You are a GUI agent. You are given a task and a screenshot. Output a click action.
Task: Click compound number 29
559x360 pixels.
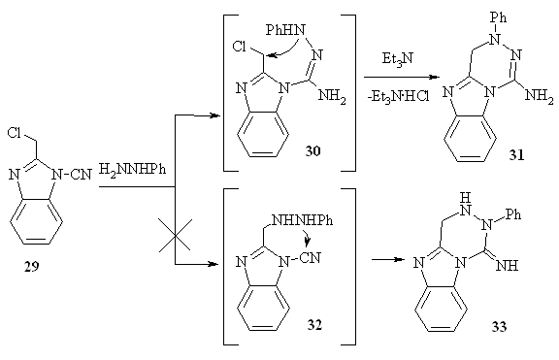(31, 266)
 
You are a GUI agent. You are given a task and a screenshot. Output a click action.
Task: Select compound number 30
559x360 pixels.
(312, 151)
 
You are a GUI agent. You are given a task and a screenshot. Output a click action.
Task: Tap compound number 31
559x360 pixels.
(516, 154)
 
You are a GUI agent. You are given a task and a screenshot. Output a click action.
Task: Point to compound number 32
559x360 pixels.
(314, 325)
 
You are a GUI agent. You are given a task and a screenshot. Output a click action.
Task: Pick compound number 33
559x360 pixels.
(499, 326)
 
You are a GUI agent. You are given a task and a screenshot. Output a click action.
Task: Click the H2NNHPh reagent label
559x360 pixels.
(132, 169)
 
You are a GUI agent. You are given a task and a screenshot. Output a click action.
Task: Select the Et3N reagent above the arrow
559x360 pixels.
(398, 58)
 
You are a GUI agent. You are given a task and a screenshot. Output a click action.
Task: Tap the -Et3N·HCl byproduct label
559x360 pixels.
(398, 97)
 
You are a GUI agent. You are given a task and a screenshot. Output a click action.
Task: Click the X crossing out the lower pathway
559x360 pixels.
(175, 235)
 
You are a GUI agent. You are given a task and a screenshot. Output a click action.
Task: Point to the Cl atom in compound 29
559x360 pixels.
(15, 133)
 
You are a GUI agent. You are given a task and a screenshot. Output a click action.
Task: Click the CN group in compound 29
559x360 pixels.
(82, 175)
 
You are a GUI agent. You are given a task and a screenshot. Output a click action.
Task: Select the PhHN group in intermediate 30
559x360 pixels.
(285, 30)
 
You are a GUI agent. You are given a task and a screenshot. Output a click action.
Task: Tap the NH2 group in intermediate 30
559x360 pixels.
(332, 96)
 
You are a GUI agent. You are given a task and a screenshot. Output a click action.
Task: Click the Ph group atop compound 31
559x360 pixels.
(499, 17)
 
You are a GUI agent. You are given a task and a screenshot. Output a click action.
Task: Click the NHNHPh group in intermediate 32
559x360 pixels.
(303, 220)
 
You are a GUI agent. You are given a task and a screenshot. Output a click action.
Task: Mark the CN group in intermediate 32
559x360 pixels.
(311, 258)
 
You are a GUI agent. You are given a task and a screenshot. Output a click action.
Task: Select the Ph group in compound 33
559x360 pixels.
(513, 214)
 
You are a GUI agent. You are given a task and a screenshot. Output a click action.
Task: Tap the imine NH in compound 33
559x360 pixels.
(508, 266)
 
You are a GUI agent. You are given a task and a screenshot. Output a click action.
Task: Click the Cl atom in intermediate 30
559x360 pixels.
(239, 47)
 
